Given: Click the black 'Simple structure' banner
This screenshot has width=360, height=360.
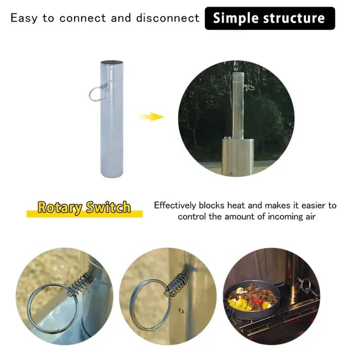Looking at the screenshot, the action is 270,19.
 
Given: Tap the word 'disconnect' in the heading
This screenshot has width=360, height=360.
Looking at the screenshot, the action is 168,18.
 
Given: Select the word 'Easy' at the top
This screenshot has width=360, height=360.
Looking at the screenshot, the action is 24,19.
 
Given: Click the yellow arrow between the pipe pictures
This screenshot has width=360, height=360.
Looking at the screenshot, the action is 152,117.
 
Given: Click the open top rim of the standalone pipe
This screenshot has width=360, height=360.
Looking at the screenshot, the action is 112,62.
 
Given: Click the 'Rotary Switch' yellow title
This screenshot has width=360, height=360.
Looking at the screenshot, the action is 84,207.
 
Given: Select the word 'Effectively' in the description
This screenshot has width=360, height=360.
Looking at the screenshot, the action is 175,205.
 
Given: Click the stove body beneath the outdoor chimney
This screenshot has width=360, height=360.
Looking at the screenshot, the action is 238,156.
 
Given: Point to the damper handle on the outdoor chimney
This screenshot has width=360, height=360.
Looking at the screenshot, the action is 249,87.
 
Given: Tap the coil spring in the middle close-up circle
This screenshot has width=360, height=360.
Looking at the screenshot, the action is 177,284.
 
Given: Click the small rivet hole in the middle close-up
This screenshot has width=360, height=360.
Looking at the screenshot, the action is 181,311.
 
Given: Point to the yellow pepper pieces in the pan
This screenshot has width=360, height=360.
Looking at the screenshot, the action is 239,303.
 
